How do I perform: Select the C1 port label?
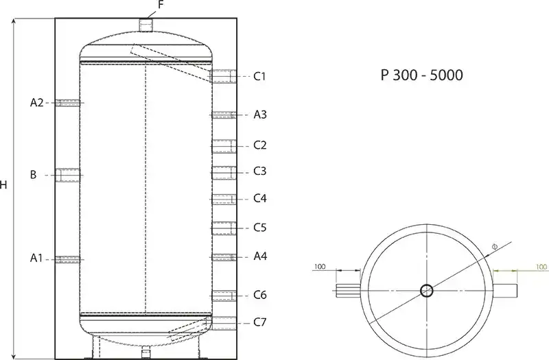tap(259, 76)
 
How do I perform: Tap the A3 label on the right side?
tap(260, 115)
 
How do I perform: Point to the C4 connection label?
tap(259, 199)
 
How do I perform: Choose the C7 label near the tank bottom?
tap(259, 322)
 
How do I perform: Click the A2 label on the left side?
tap(37, 103)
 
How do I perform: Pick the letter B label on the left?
tap(33, 175)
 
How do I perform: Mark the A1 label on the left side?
tap(36, 259)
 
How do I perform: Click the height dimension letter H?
tap(5, 186)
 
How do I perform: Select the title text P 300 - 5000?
tap(421, 75)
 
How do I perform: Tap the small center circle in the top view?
tap(426, 291)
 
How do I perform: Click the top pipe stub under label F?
tap(145, 25)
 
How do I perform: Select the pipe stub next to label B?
tap(69, 176)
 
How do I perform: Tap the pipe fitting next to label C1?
tap(224, 76)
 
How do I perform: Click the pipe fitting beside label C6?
tap(224, 296)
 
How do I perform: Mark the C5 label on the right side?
tap(259, 227)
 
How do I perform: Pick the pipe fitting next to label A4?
tap(224, 257)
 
